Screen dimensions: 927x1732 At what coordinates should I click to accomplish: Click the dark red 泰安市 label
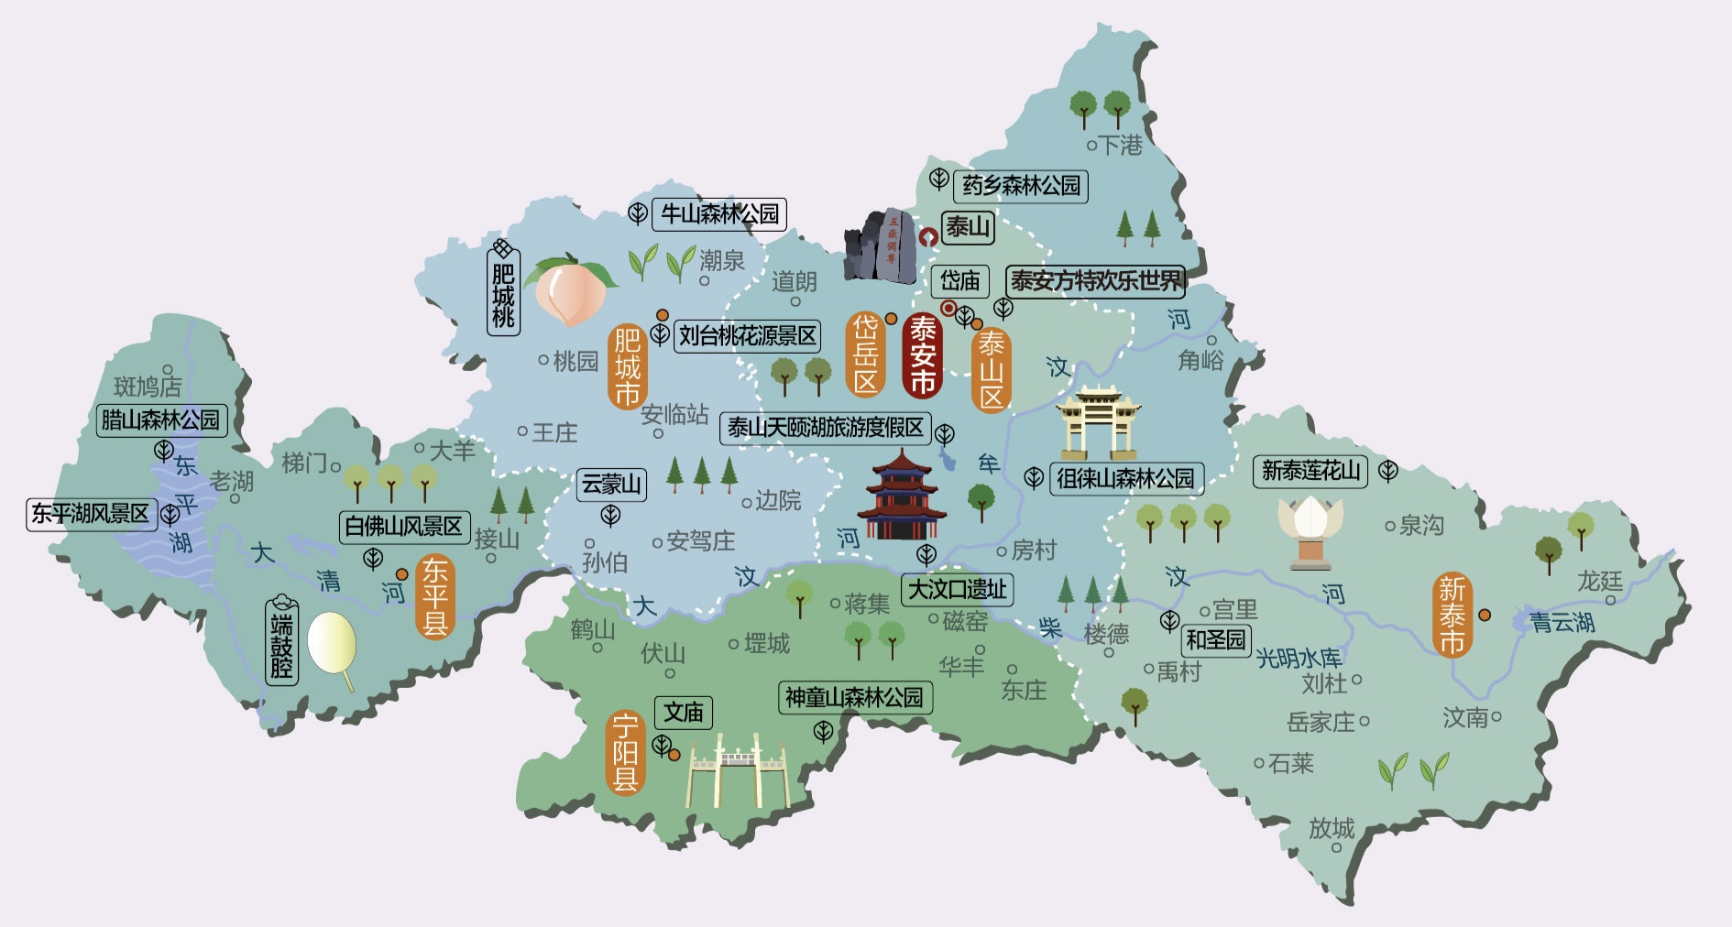click(x=922, y=355)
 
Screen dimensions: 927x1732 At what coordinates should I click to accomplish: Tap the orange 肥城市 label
click(x=627, y=366)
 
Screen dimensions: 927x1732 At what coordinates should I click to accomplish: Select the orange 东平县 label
click(x=434, y=597)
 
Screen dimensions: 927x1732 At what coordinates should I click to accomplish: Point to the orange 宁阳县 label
click(x=626, y=754)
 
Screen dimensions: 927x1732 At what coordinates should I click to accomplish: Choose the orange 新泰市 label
click(x=1452, y=616)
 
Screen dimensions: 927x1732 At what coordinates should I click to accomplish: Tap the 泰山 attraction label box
click(x=969, y=226)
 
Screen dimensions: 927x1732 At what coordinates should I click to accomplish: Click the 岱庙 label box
click(x=959, y=280)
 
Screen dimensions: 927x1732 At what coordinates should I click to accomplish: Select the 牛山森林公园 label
click(x=719, y=214)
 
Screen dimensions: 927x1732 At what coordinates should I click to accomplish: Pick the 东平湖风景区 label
click(x=90, y=514)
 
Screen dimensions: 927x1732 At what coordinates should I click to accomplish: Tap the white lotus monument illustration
click(x=1310, y=529)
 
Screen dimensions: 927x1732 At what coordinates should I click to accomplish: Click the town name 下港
click(x=1120, y=145)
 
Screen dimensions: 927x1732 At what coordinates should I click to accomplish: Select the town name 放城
click(x=1332, y=828)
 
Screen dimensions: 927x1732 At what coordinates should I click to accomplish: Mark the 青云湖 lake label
click(x=1562, y=623)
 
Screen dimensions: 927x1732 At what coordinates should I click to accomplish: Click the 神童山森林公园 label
click(x=854, y=698)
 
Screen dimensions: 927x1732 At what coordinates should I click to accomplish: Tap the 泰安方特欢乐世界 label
click(x=1096, y=280)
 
